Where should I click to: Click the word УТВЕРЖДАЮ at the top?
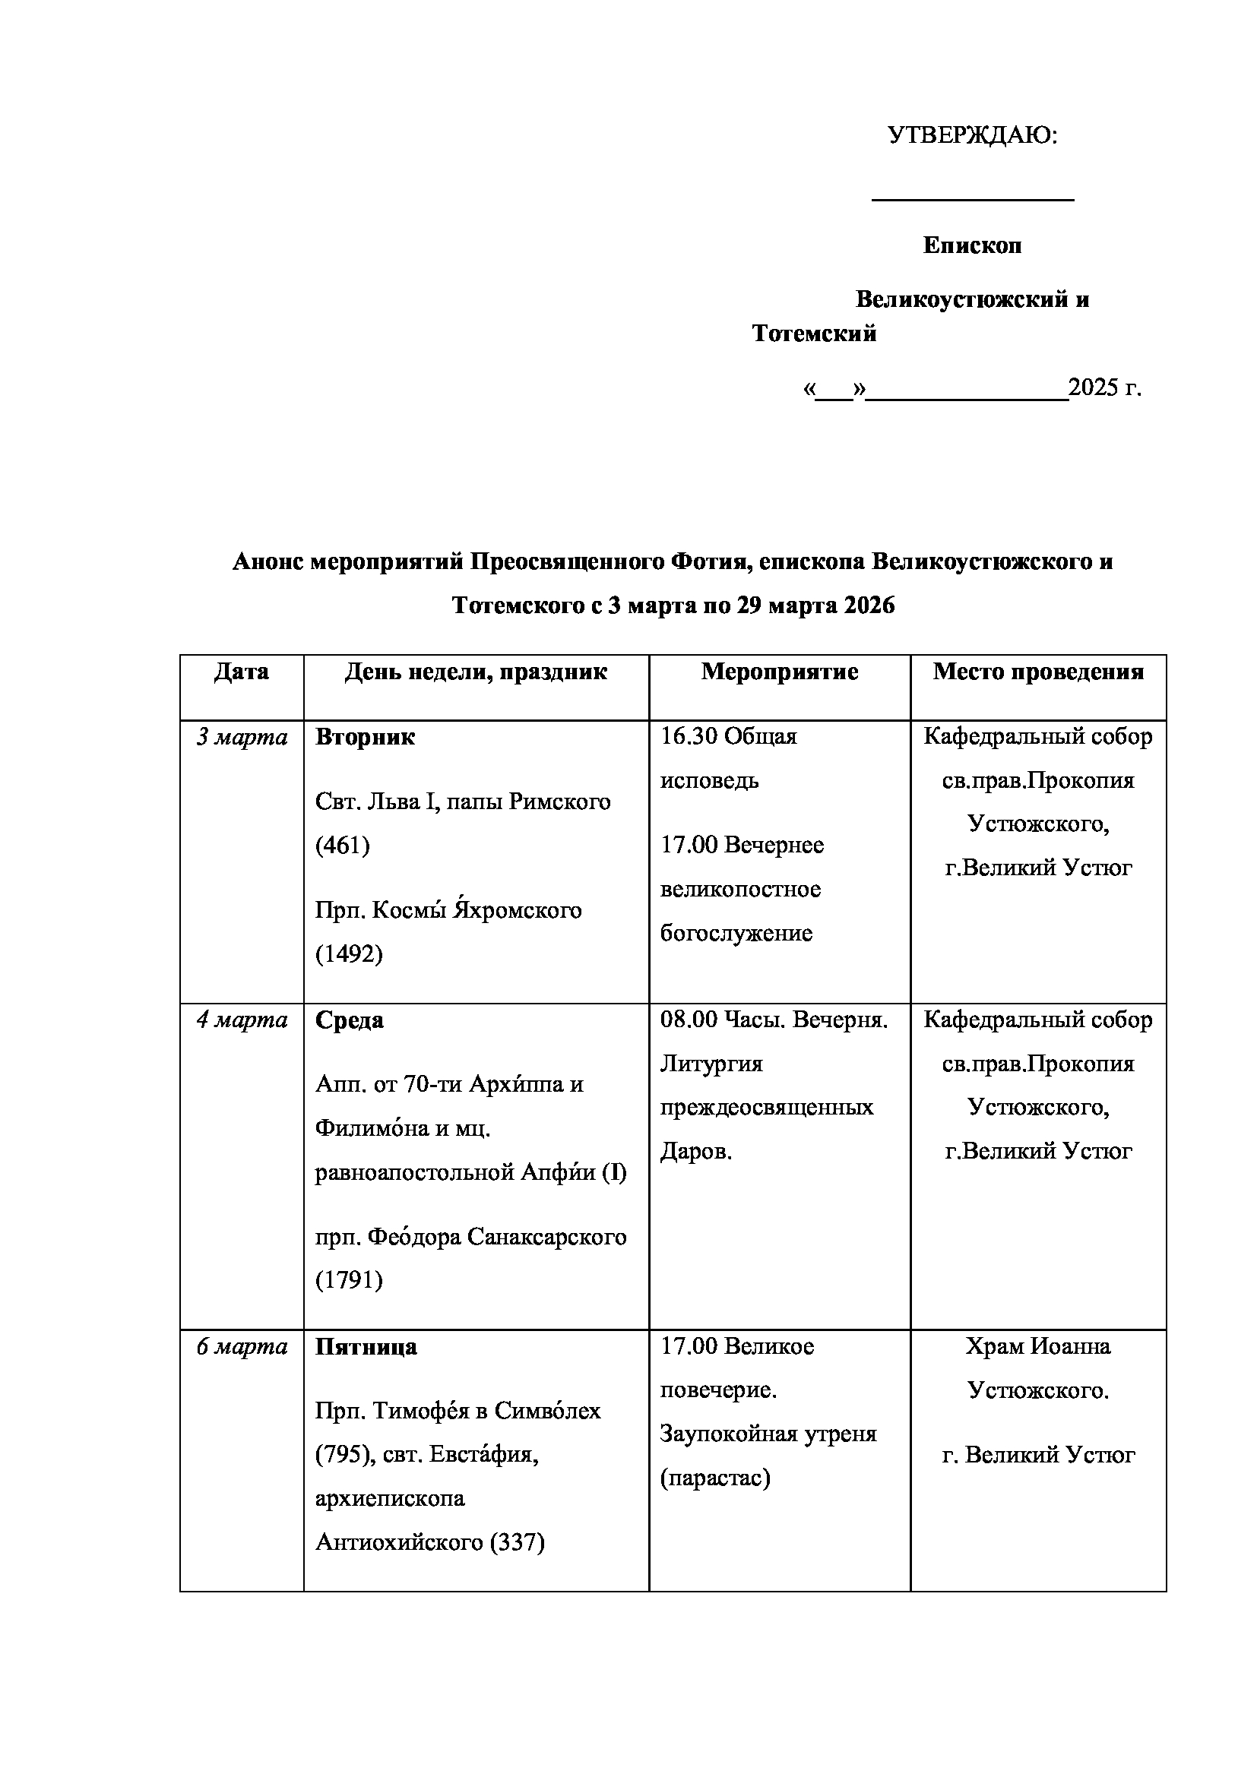pos(971,136)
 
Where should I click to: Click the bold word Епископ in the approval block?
pos(972,245)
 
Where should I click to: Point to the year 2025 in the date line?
pos(1092,387)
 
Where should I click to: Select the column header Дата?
pos(242,671)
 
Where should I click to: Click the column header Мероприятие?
pos(780,671)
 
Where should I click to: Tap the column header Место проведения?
pos(1038,671)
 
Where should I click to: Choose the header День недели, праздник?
pos(476,671)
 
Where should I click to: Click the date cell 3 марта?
pos(242,737)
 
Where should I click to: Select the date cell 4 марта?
pos(242,1020)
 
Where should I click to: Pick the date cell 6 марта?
pos(242,1347)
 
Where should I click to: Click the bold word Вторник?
pos(365,737)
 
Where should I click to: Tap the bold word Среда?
pos(349,1020)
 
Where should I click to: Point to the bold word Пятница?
pos(366,1347)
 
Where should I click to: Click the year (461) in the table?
pos(342,844)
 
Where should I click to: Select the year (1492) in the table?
pos(349,953)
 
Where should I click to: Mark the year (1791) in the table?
pos(349,1280)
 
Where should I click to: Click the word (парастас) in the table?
pos(715,1478)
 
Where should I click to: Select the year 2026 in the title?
pos(869,606)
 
